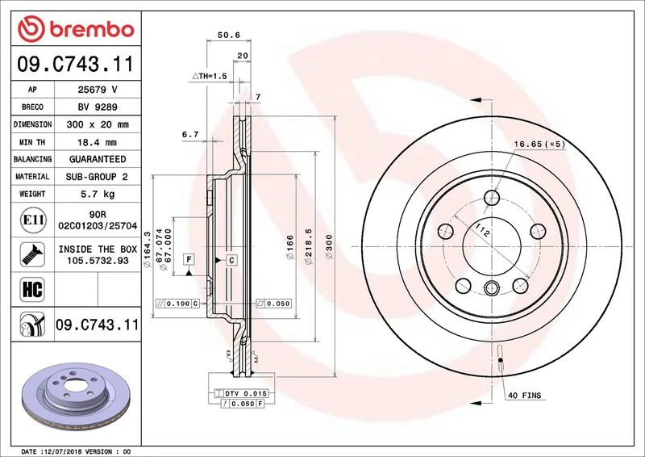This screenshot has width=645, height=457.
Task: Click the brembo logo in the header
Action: (76, 29)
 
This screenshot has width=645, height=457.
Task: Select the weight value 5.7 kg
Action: (98, 194)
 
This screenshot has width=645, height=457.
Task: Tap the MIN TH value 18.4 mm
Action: (97, 142)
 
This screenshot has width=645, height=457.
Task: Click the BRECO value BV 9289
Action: (98, 107)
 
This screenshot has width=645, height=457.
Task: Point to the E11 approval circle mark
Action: (33, 220)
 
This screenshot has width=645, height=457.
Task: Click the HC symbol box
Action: (32, 289)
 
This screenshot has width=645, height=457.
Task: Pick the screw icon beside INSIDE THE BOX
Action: (32, 254)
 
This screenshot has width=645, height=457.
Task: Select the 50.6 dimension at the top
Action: (229, 35)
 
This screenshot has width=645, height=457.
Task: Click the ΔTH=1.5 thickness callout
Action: (210, 76)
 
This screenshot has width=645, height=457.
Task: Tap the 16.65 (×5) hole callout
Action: (539, 144)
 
